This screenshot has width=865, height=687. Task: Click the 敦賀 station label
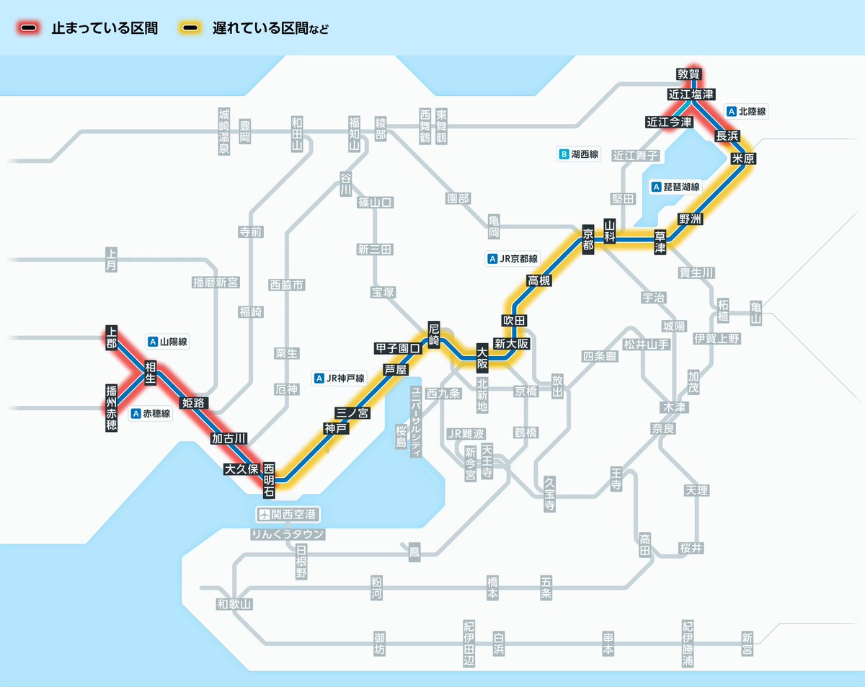(688, 74)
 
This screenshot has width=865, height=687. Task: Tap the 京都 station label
(588, 239)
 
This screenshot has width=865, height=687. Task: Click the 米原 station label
(742, 159)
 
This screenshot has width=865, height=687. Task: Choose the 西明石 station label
(270, 479)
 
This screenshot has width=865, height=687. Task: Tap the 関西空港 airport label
(288, 515)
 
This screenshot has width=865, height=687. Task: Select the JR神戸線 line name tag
(340, 378)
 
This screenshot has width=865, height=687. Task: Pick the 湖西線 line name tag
(579, 154)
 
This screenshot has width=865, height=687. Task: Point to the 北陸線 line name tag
(746, 112)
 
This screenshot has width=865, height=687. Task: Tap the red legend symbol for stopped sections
(29, 29)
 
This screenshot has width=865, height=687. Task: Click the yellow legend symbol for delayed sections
(190, 29)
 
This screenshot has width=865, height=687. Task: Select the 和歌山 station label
(235, 604)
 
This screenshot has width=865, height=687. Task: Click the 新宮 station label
(747, 643)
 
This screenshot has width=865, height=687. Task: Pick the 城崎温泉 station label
(225, 131)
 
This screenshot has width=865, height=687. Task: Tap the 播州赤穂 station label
(111, 407)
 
